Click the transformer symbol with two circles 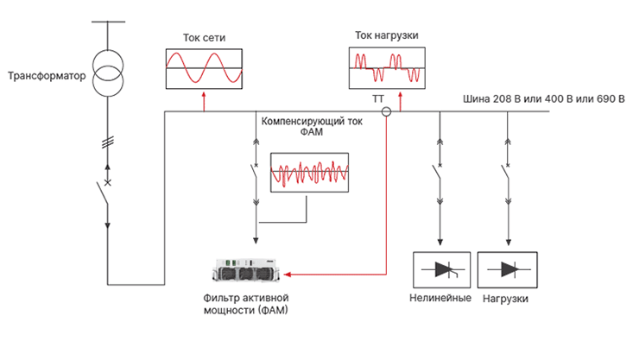pyautogui.click(x=108, y=73)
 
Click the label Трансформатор pyautogui.click(x=47, y=76)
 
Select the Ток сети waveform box pyautogui.click(x=205, y=68)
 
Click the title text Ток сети pyautogui.click(x=204, y=38)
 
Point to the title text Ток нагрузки pyautogui.click(x=387, y=35)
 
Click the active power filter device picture pyautogui.click(x=250, y=273)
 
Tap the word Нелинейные pyautogui.click(x=440, y=299)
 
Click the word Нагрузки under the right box pyautogui.click(x=507, y=299)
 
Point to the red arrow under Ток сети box pyautogui.click(x=204, y=101)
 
